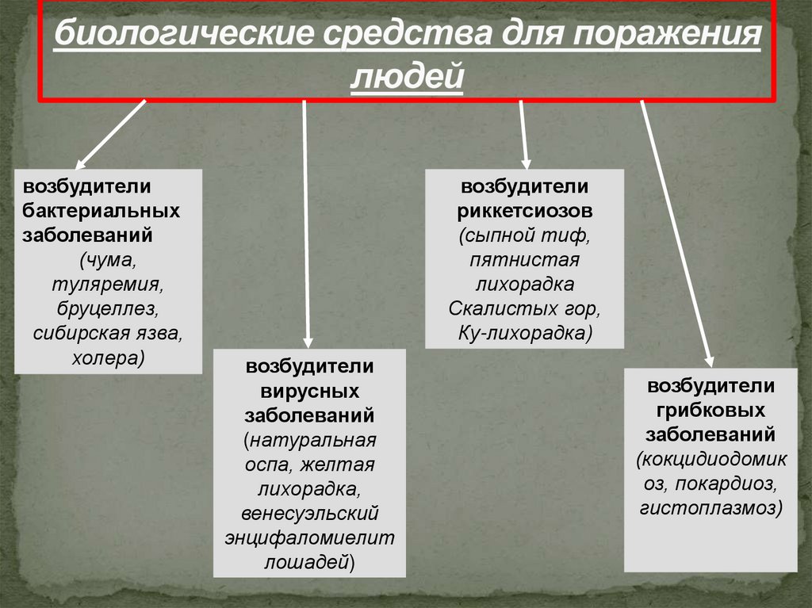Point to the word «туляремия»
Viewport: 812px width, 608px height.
[108, 282]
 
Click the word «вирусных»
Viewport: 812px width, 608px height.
[309, 392]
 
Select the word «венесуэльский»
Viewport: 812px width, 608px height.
[309, 513]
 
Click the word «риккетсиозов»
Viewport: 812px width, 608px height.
[524, 212]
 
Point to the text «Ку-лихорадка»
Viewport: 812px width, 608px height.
[523, 332]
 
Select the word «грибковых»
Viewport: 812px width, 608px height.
[710, 411]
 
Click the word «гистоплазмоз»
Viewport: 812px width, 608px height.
[710, 507]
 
